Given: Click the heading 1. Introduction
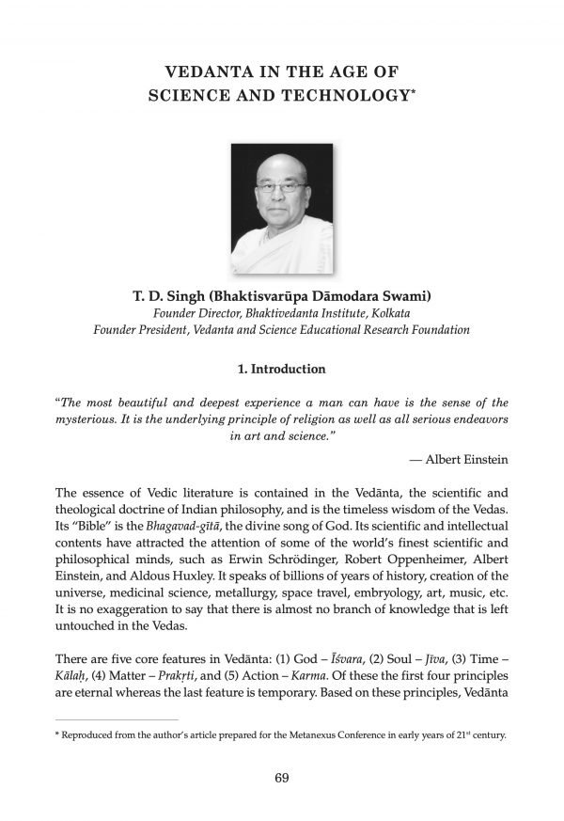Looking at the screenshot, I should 281,370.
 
